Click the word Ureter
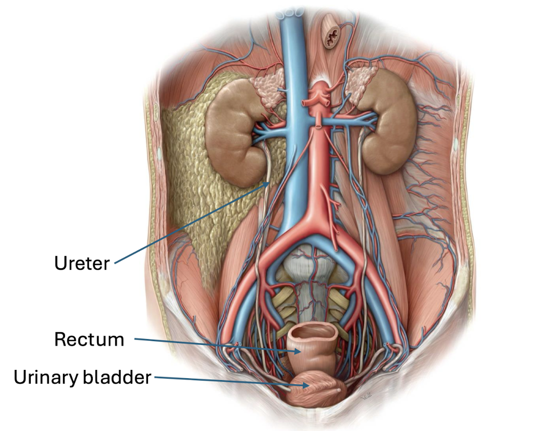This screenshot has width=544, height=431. pos(82,263)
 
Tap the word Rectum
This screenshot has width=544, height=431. pos(89,339)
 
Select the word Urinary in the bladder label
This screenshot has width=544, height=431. pos(43,377)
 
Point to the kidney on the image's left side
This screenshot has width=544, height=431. pos(230,132)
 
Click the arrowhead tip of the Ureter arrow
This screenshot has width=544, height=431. pos(269,182)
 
